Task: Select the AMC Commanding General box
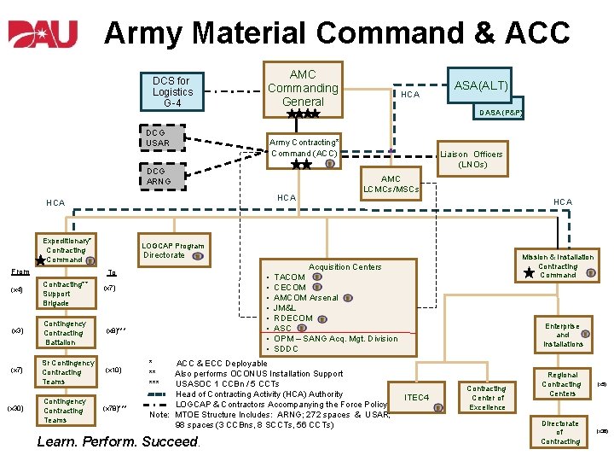(303, 87)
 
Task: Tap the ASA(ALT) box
(481, 85)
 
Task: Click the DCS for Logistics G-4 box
(173, 92)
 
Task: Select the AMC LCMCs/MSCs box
(391, 184)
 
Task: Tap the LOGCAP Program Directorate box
(174, 250)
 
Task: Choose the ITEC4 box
(417, 398)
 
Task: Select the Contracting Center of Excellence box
(487, 398)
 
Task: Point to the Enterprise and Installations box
(563, 335)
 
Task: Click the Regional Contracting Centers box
(562, 383)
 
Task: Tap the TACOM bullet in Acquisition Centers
(289, 277)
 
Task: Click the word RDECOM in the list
(293, 318)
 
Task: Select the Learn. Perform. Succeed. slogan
(118, 442)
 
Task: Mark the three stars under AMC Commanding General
(303, 114)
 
